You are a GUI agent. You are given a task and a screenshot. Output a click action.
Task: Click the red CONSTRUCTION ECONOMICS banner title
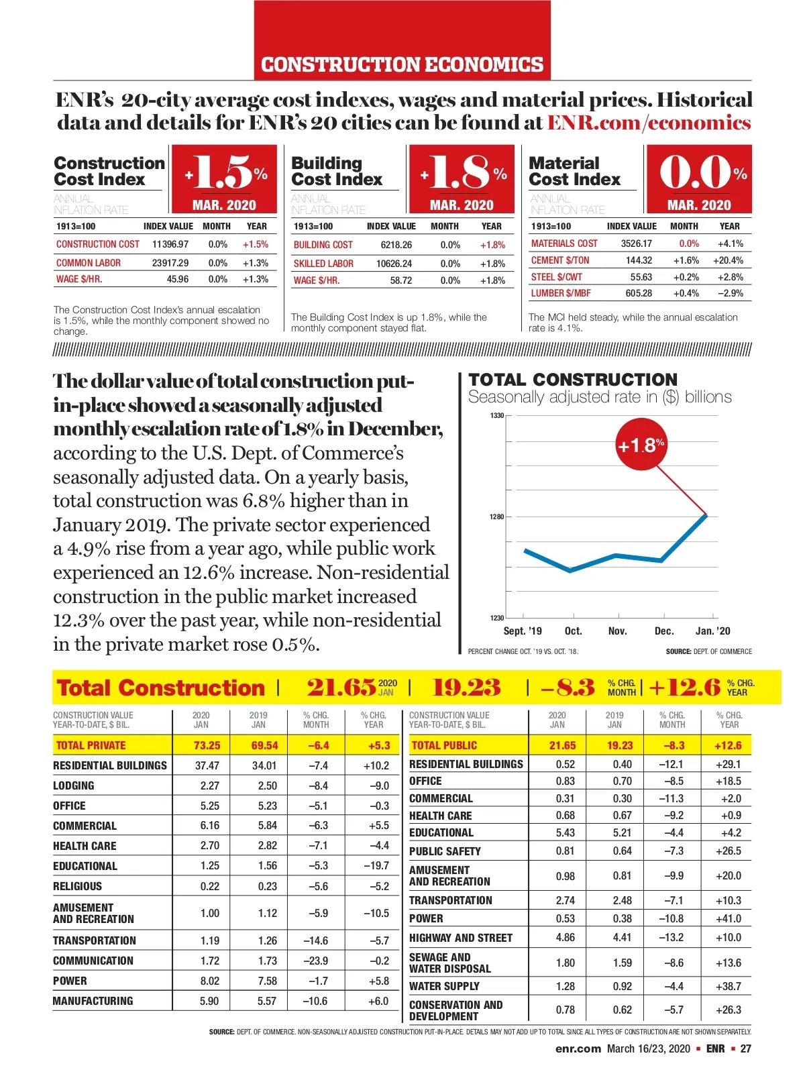(x=402, y=64)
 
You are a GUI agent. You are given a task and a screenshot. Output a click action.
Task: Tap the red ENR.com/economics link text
(x=649, y=123)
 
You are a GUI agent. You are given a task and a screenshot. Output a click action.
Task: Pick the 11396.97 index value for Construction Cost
(x=170, y=245)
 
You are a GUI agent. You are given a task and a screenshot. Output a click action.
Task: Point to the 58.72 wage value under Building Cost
(x=401, y=280)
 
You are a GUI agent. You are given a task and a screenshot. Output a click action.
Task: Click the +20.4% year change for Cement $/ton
(x=728, y=260)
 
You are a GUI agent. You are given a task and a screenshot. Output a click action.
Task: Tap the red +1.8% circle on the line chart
(x=641, y=445)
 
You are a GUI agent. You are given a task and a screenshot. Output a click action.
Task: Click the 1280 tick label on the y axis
(x=496, y=517)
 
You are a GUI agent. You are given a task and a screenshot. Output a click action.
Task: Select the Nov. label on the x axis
(x=617, y=631)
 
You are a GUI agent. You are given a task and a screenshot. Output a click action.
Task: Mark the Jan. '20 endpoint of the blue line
(x=706, y=515)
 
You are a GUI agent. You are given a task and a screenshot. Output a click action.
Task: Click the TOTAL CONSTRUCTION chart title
(x=573, y=380)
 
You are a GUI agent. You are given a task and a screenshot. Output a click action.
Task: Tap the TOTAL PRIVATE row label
(x=91, y=745)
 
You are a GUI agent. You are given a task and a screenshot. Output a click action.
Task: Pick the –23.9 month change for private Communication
(x=315, y=961)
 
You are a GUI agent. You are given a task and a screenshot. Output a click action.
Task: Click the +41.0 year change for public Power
(x=728, y=918)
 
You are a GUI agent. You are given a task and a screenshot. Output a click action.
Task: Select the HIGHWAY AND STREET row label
(x=461, y=938)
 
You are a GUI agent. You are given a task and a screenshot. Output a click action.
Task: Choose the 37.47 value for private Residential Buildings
(x=207, y=765)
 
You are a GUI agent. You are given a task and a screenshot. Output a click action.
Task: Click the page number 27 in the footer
(x=745, y=1048)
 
